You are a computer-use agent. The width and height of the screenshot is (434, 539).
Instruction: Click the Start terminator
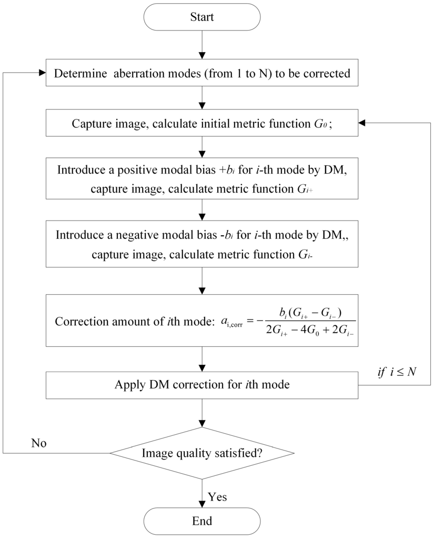coord(202,17)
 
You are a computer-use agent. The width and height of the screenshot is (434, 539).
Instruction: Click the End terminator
coord(202,521)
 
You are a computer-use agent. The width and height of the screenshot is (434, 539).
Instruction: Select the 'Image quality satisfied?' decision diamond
coord(202,453)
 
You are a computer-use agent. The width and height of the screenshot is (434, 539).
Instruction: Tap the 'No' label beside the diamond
coord(38,443)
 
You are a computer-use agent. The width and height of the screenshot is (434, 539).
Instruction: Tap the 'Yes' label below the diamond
coord(218,496)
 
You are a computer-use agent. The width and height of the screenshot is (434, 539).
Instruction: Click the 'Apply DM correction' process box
coord(202,384)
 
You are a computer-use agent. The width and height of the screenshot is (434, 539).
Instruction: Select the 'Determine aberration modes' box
coord(202,74)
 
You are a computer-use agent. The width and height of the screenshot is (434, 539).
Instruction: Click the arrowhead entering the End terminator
coord(202,504)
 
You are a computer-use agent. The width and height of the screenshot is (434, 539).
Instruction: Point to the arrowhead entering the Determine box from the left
coord(42,73)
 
